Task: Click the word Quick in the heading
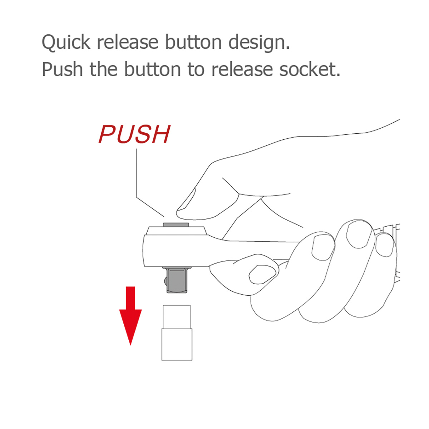(x=66, y=42)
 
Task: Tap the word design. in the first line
(x=259, y=42)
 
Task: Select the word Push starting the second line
(x=62, y=69)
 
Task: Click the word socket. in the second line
(x=310, y=69)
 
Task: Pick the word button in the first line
(x=193, y=42)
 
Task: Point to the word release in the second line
(x=242, y=69)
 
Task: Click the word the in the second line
(x=104, y=69)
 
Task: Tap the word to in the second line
(x=196, y=70)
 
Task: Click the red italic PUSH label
(x=135, y=134)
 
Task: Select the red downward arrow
(x=130, y=315)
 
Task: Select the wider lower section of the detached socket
(x=177, y=344)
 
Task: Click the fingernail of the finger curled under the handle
(x=261, y=274)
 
